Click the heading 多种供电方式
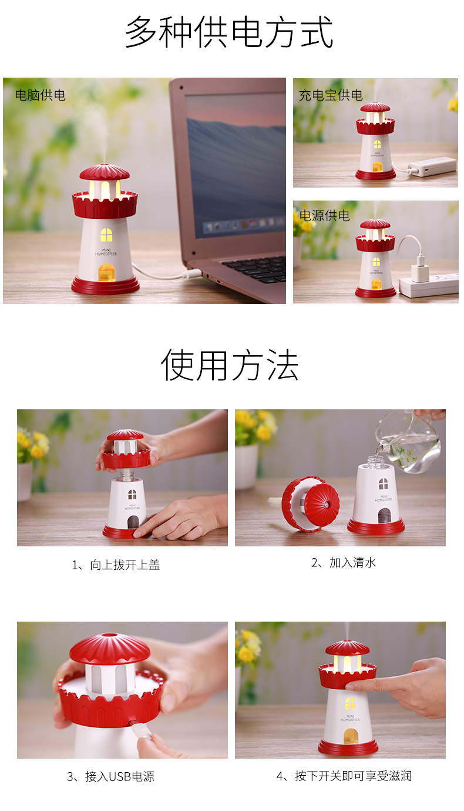click(x=229, y=32)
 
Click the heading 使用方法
click(x=230, y=365)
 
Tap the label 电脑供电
click(x=40, y=95)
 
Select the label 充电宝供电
click(x=331, y=95)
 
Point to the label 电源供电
click(x=324, y=216)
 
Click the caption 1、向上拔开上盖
click(x=116, y=565)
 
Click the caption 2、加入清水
click(x=343, y=563)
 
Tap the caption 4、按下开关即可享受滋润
click(x=344, y=776)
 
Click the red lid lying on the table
click(x=311, y=503)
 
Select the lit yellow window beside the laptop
click(x=106, y=235)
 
